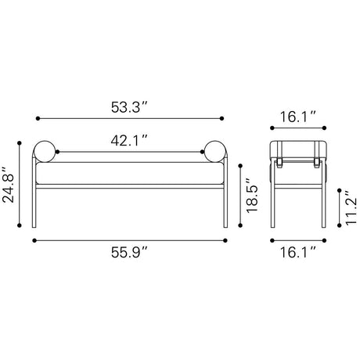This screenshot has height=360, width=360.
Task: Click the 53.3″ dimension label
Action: [x=129, y=107]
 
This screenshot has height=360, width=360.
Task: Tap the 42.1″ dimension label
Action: [x=129, y=141]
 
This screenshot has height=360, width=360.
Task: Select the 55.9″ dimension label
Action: [x=129, y=252]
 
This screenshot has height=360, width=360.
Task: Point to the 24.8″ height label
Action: [x=9, y=185]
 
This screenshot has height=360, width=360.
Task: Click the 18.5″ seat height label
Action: [x=252, y=195]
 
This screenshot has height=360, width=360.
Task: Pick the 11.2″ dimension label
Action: [x=351, y=207]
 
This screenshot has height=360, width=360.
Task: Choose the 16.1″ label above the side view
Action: [x=298, y=117]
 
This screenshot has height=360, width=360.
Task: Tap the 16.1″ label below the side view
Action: [x=298, y=252]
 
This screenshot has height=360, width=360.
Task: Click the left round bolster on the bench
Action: [x=45, y=152]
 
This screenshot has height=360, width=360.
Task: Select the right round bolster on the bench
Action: [x=215, y=152]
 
